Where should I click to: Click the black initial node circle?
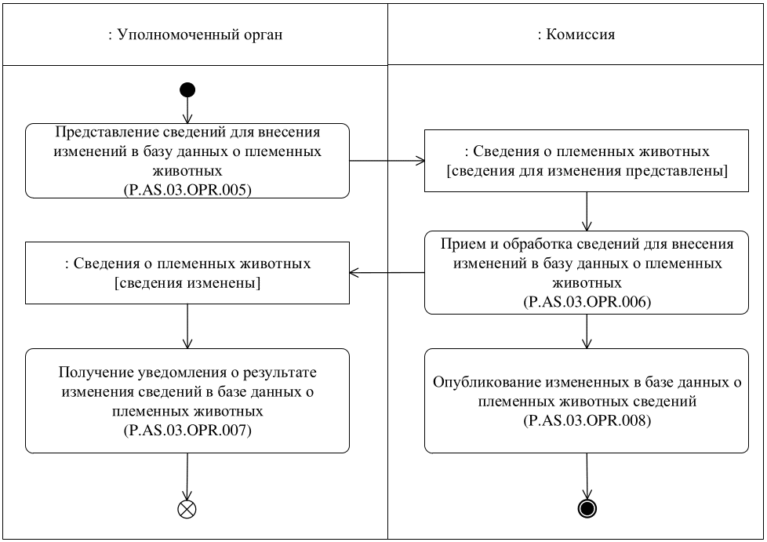click(x=187, y=89)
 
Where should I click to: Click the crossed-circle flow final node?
click(x=187, y=508)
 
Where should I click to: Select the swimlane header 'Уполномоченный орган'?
click(x=194, y=35)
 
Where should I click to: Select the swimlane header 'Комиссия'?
click(x=576, y=35)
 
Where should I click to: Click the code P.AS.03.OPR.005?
click(x=187, y=189)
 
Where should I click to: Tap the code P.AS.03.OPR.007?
click(x=187, y=431)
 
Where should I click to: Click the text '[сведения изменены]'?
click(x=187, y=282)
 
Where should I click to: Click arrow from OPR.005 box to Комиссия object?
click(x=387, y=162)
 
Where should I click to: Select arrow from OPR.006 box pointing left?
click(x=387, y=273)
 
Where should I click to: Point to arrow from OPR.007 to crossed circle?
click(x=187, y=475)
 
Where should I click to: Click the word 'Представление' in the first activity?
click(x=95, y=131)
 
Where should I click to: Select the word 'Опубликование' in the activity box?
click(x=481, y=384)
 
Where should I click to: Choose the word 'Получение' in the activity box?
click(x=90, y=372)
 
